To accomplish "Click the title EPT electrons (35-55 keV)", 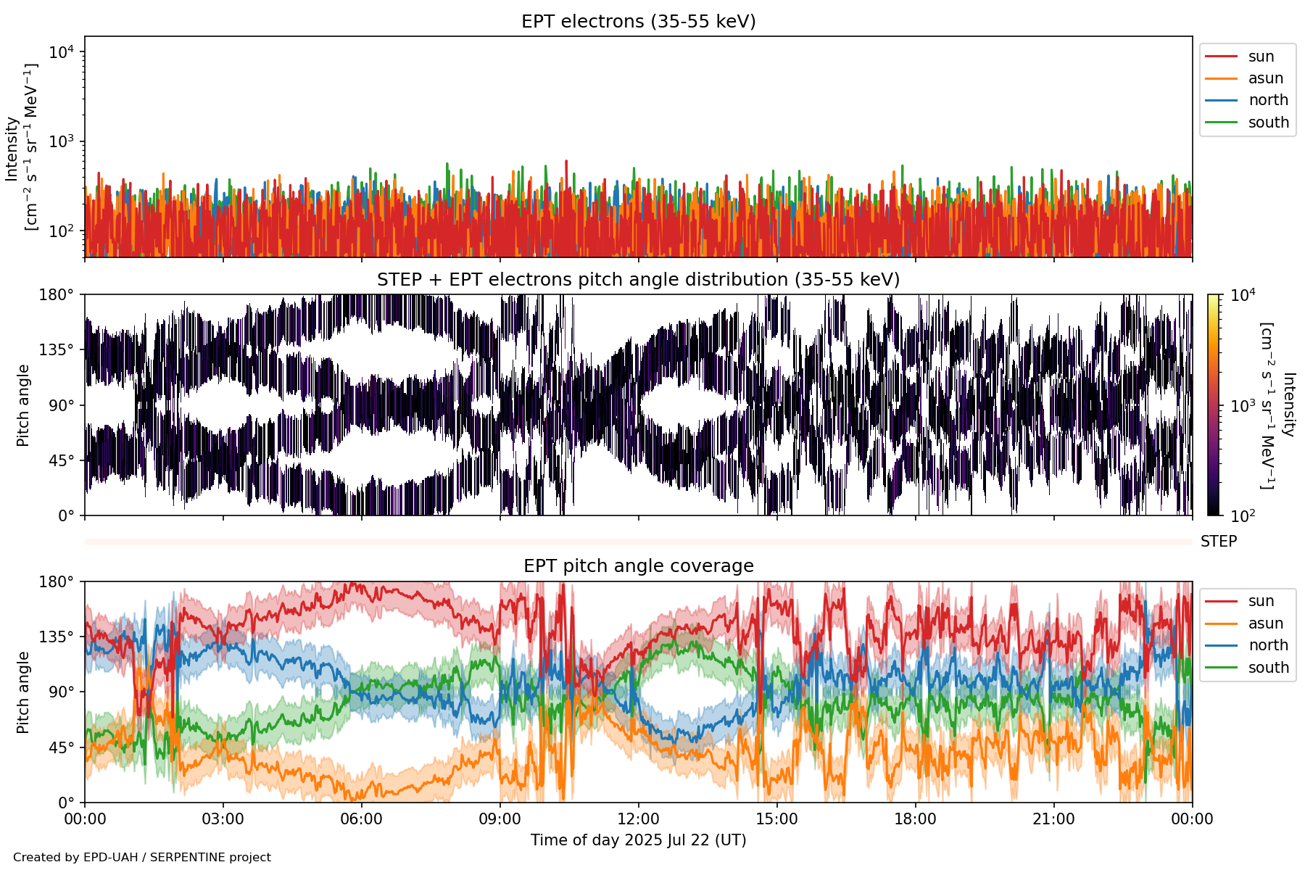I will click(x=638, y=22).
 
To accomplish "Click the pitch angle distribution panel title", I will click(x=638, y=280).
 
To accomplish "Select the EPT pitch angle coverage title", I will click(x=638, y=566).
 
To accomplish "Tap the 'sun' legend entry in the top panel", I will click(x=1261, y=57).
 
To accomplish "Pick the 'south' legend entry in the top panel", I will click(x=1268, y=123).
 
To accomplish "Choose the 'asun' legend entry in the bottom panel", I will click(x=1265, y=623).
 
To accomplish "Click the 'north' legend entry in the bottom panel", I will click(x=1268, y=645).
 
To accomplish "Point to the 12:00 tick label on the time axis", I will click(x=638, y=819).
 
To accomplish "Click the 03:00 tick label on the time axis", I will click(x=223, y=819).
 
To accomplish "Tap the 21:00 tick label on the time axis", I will click(x=1053, y=819).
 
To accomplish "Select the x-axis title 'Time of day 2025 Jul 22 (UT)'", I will click(x=638, y=840).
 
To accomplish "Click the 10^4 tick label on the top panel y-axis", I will click(x=61, y=52).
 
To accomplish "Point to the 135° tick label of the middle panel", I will click(x=57, y=350).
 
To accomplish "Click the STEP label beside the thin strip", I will click(x=1218, y=542).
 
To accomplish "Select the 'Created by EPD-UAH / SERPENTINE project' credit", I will click(x=142, y=857).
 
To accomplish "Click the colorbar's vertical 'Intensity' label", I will click(x=1288, y=405).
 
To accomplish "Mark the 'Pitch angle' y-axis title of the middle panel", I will click(x=23, y=405).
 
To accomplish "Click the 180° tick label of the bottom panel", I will click(x=57, y=581).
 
